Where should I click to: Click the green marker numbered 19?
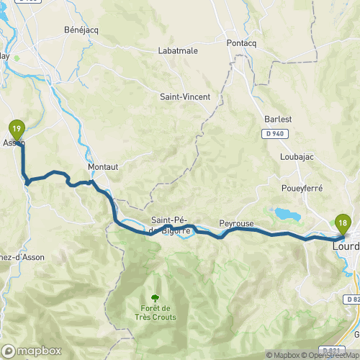point(17,130)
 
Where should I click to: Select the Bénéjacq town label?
point(79,32)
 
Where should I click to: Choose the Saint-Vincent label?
point(185,96)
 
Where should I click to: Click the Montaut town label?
point(102,166)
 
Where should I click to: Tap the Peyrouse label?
point(236,224)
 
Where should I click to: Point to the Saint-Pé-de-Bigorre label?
point(171,225)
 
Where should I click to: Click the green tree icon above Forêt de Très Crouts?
point(154,297)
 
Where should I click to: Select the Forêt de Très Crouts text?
point(154,311)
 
